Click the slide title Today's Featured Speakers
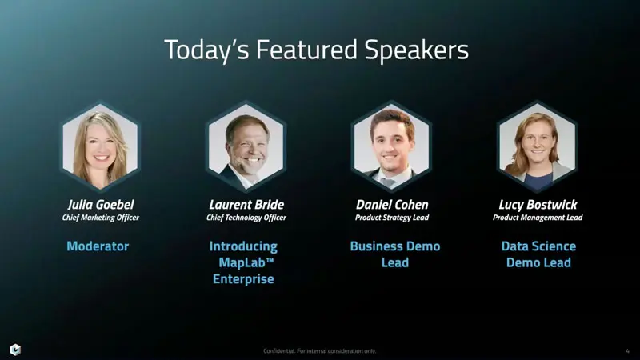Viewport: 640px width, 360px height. [316, 50]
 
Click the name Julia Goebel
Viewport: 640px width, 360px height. [100, 205]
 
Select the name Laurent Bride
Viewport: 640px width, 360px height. [246, 205]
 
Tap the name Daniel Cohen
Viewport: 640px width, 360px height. [392, 205]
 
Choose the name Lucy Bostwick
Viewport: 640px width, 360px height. [538, 205]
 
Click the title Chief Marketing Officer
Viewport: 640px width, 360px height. [100, 218]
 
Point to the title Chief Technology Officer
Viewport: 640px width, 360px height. [246, 218]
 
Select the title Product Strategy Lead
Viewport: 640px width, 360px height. [392, 218]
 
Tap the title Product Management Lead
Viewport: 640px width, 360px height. [538, 218]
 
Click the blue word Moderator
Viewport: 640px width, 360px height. [98, 246]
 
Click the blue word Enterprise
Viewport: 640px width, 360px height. [243, 279]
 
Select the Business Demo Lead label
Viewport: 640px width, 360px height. [395, 254]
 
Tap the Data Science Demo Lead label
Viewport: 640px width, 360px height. [538, 254]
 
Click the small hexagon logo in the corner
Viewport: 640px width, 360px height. [15, 349]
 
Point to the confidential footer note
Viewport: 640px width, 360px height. [319, 350]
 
